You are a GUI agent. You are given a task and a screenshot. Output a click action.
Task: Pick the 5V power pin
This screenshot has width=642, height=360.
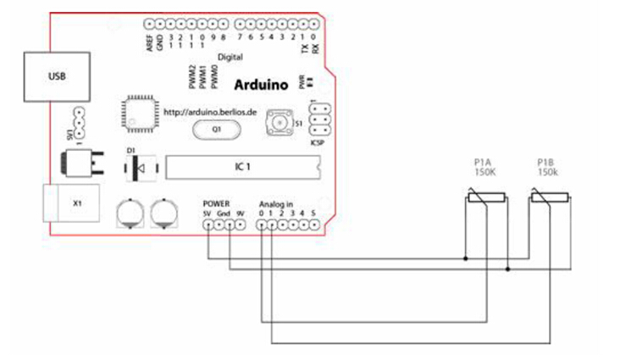[208, 225]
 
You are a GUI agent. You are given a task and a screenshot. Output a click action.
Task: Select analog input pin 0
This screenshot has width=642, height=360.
[262, 225]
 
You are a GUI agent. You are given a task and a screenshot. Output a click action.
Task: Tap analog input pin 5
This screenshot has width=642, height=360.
[313, 225]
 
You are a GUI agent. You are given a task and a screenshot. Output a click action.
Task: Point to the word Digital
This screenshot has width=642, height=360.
[230, 57]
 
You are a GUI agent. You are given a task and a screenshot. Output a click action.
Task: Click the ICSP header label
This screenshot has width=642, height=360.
[318, 142]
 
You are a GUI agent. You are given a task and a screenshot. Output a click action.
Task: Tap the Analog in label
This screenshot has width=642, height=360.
[276, 204]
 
